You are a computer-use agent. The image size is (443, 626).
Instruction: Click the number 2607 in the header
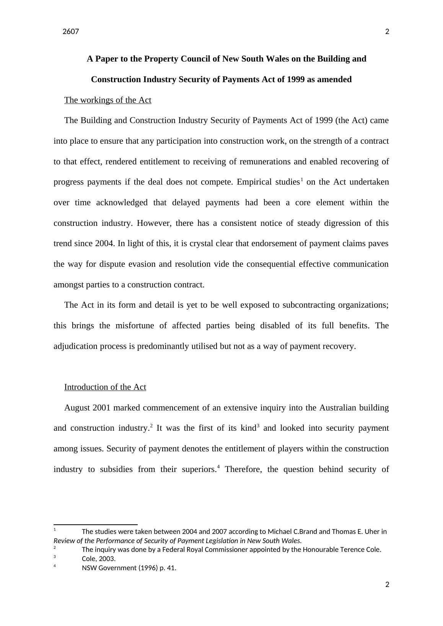pyautogui.click(x=71, y=32)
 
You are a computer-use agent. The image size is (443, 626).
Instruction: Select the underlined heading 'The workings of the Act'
pyautogui.click(x=107, y=100)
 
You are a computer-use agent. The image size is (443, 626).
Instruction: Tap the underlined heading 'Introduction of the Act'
pyautogui.click(x=105, y=387)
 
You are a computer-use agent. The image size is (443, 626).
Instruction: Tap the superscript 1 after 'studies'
pyautogui.click(x=302, y=180)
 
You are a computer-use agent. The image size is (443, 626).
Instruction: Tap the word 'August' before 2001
pyautogui.click(x=77, y=408)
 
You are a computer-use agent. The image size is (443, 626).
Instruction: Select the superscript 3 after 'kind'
pyautogui.click(x=258, y=426)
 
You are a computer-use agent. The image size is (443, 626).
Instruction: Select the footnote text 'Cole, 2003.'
pyautogui.click(x=99, y=559)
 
